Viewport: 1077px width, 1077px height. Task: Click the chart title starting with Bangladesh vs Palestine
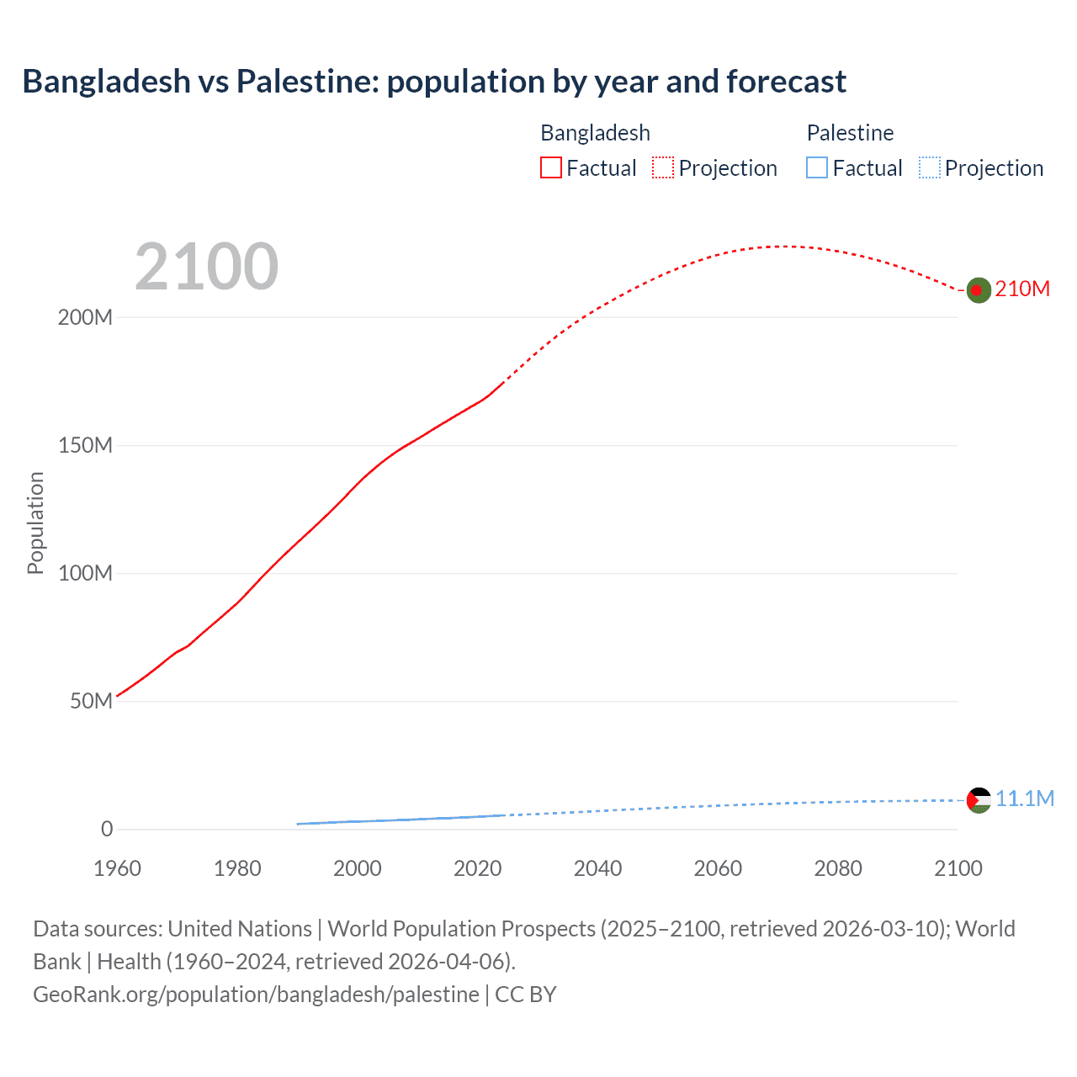click(x=434, y=82)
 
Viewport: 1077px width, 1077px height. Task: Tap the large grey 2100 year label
click(x=206, y=267)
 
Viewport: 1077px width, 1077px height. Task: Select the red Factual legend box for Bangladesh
click(x=551, y=167)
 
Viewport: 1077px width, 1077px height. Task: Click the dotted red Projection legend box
click(x=663, y=167)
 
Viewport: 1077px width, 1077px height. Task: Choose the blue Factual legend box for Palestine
click(x=817, y=167)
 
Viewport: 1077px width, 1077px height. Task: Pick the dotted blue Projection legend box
click(x=930, y=167)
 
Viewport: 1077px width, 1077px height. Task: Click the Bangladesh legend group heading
click(x=595, y=133)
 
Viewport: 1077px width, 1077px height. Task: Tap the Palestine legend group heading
click(x=850, y=133)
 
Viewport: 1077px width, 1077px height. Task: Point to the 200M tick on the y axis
click(x=85, y=318)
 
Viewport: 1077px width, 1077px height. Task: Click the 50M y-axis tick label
click(x=91, y=701)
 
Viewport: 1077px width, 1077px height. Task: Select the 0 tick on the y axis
click(x=107, y=829)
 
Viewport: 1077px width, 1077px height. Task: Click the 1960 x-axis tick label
click(x=117, y=868)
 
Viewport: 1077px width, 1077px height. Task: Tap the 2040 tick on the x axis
click(x=597, y=868)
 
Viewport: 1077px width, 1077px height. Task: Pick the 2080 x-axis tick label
click(x=838, y=868)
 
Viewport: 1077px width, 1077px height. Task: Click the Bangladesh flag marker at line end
click(x=978, y=290)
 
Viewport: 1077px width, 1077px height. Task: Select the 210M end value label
click(x=1022, y=289)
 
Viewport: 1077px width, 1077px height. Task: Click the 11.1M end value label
click(x=1025, y=798)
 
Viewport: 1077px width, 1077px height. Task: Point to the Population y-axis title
click(x=35, y=523)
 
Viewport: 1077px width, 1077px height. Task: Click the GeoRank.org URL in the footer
click(x=256, y=995)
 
